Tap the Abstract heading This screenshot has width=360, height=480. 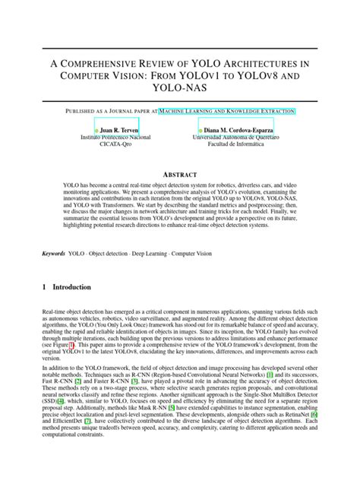coord(179,175)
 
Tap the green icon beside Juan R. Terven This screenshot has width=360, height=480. coord(96,131)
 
